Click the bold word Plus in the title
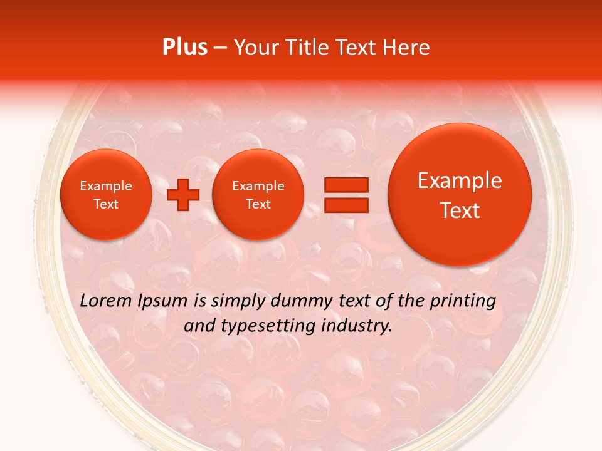click(x=185, y=48)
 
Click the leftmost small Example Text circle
click(x=105, y=195)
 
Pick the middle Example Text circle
click(x=258, y=195)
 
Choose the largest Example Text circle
click(x=460, y=194)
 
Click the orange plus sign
click(x=183, y=195)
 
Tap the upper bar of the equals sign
click(x=346, y=185)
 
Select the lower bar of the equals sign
click(x=346, y=205)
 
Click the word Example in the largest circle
click(x=460, y=180)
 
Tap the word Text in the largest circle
click(x=460, y=210)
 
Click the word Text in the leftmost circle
click(x=105, y=204)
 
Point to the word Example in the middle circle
click(x=258, y=186)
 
